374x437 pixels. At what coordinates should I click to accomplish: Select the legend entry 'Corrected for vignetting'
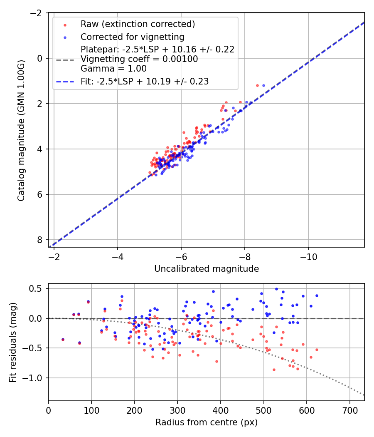(x=133, y=37)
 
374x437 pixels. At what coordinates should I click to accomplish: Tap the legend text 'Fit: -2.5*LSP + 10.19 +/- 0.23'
(x=145, y=82)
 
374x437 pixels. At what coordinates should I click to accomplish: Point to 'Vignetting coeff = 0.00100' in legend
(x=139, y=59)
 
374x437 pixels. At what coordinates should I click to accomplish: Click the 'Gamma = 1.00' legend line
(x=113, y=68)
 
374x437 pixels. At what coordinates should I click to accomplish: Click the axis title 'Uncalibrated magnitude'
(x=207, y=269)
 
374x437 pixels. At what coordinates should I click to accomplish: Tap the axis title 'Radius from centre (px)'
(x=207, y=422)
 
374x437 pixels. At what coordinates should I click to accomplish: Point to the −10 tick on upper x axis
(x=308, y=256)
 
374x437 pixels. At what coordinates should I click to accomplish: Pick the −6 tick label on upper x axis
(x=181, y=256)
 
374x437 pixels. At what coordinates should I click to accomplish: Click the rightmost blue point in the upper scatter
(x=263, y=85)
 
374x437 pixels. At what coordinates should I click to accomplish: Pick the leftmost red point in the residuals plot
(x=63, y=340)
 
